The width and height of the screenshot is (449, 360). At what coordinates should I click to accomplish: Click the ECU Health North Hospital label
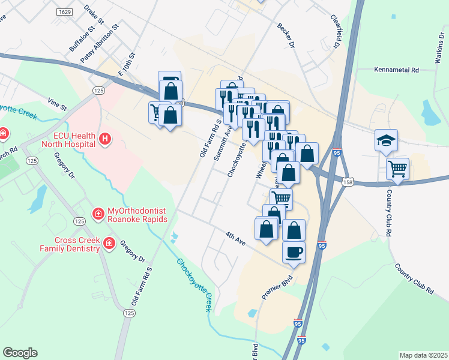74,140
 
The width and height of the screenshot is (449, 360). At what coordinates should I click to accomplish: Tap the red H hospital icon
105,140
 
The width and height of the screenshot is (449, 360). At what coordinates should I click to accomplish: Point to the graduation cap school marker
385,140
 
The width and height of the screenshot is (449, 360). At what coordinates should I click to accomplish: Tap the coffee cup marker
294,251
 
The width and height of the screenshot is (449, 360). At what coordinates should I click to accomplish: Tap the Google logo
20,353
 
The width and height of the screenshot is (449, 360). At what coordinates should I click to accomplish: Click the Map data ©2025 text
423,355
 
